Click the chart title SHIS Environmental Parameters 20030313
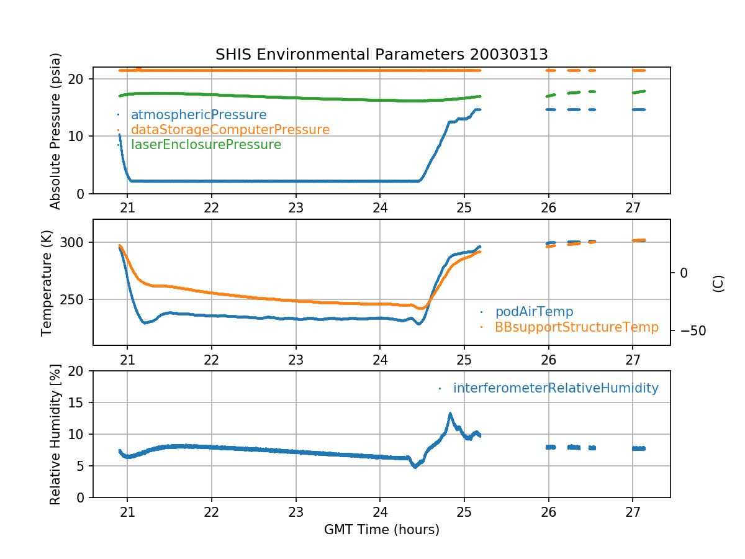tap(381, 54)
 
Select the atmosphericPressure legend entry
tap(198, 115)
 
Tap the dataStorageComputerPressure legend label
tap(230, 130)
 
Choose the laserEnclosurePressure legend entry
tap(205, 145)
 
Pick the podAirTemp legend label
tap(534, 311)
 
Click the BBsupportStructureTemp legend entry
tap(576, 327)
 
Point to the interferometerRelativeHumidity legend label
tap(555, 388)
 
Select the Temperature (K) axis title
tap(47, 283)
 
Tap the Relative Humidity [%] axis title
tap(55, 434)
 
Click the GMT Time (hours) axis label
tap(381, 530)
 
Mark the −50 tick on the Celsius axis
tap(689, 330)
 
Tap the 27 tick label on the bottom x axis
tap(632, 510)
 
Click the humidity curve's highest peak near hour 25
tap(450, 413)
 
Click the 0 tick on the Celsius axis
tap(684, 273)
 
